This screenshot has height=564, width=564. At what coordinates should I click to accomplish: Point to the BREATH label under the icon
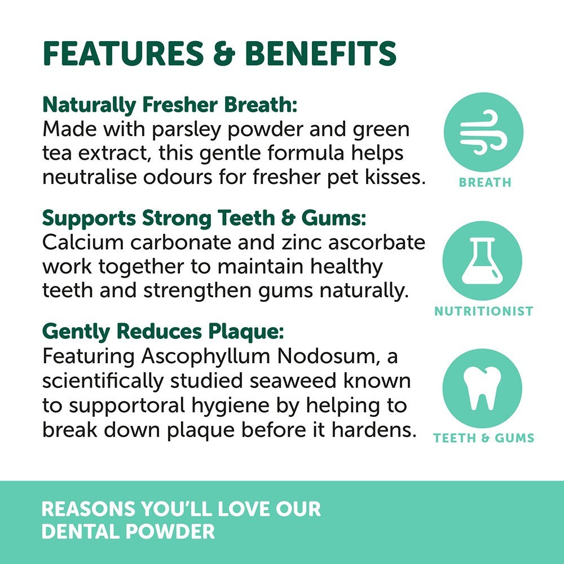coord(485,183)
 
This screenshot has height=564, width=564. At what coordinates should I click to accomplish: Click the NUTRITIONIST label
coord(483,311)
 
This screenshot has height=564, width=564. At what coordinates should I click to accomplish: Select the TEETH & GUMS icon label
coord(483,438)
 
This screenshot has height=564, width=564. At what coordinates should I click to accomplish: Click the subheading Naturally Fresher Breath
coord(169,105)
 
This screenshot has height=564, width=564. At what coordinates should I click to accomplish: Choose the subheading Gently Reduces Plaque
coord(163,331)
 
